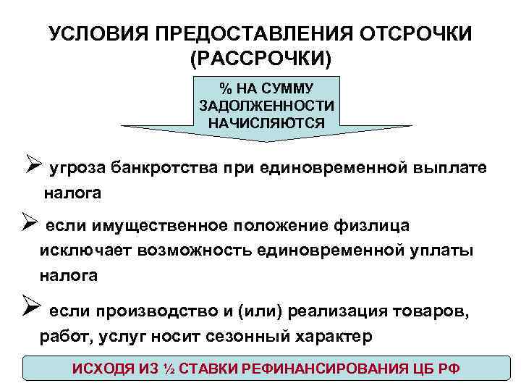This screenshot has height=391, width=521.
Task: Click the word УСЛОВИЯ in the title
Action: click(92, 33)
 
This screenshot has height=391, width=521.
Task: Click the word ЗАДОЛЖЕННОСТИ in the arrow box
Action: click(266, 106)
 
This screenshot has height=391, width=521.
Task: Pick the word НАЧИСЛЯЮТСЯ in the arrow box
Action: click(266, 122)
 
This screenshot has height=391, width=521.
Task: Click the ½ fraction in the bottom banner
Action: click(167, 368)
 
